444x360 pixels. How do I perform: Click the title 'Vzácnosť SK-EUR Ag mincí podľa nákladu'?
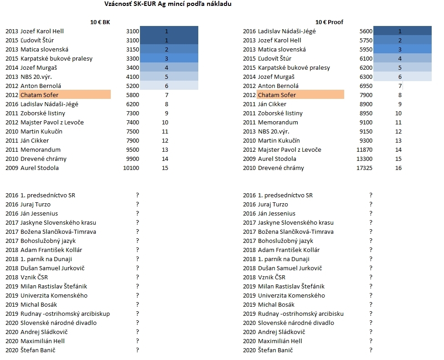pos(168,4)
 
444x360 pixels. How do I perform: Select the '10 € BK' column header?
pos(100,22)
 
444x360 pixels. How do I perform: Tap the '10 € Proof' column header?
pos(329,22)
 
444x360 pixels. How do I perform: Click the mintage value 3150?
pos(133,50)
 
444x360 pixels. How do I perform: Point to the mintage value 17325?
pos(364,168)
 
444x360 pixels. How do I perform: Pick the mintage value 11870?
pos(364,150)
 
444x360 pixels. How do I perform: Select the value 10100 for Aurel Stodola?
pos(131,168)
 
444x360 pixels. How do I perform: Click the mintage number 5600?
pos(366,31)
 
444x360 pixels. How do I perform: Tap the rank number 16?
pos(398,168)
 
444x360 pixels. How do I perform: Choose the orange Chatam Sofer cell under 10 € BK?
pos(65,95)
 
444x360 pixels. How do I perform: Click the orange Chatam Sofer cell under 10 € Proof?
pos(300,95)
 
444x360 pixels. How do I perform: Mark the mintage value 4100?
pos(133,77)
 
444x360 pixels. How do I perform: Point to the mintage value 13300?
pos(364,159)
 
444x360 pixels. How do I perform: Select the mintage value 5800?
pos(133,95)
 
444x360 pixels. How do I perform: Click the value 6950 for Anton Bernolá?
pos(366,86)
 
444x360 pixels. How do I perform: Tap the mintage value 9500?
pos(133,150)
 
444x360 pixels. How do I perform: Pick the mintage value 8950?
pos(366,113)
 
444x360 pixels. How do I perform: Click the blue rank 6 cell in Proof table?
pos(403,77)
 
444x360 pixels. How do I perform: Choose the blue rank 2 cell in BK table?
pos(169,49)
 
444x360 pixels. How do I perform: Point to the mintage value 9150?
pos(366,132)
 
